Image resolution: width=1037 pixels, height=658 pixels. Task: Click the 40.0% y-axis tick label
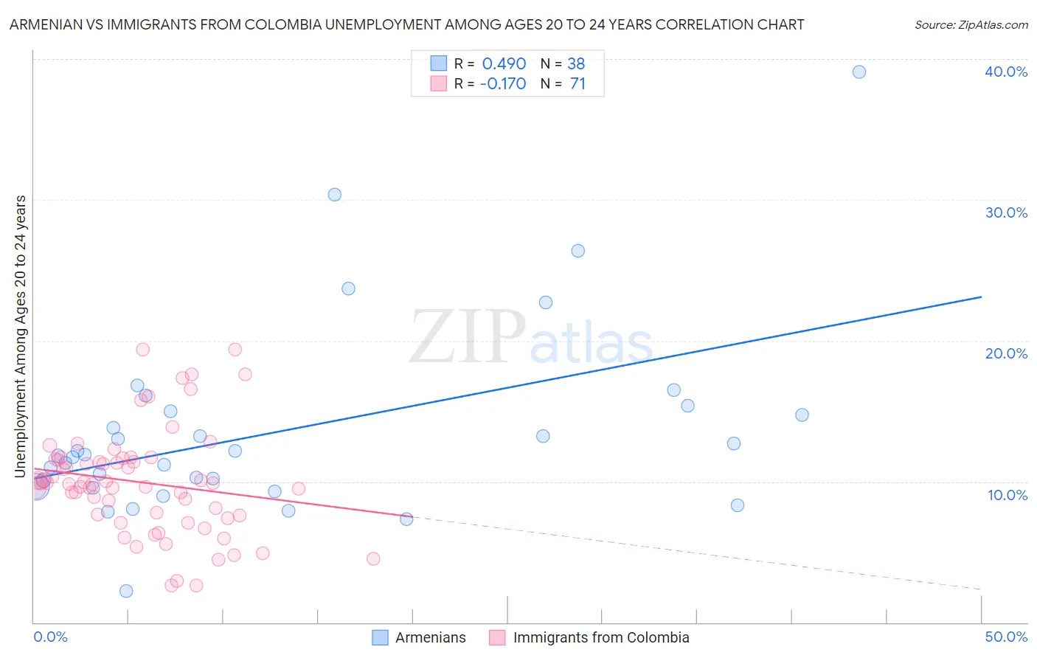(1005, 72)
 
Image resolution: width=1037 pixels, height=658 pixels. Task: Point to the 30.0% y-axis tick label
(1006, 212)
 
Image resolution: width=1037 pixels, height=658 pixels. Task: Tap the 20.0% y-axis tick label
(1006, 353)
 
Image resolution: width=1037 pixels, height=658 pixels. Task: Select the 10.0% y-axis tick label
(1007, 495)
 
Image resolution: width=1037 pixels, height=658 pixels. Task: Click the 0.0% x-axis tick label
(50, 637)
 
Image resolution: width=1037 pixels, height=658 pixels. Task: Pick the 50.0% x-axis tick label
(1006, 637)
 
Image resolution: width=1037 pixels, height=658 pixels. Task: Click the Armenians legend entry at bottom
(430, 637)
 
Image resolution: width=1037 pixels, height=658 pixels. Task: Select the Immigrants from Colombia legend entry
(600, 637)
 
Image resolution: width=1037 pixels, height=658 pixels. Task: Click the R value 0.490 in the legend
(504, 64)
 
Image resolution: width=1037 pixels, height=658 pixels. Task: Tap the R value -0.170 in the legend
(502, 84)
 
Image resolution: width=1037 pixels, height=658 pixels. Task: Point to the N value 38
(576, 64)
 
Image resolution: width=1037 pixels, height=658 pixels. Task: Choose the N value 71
(578, 84)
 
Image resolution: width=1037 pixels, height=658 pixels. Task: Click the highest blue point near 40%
(859, 72)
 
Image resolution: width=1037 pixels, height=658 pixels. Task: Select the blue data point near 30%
(334, 195)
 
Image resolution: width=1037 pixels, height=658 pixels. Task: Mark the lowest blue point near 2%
(126, 591)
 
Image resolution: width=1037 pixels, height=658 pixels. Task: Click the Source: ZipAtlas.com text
(971, 25)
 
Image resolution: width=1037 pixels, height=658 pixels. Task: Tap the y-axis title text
(21, 336)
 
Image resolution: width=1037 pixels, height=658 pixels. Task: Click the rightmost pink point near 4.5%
(373, 558)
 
